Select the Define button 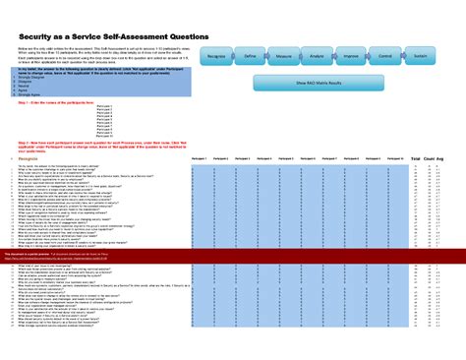(250, 59)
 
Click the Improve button (351, 59)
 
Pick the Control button (385, 59)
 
